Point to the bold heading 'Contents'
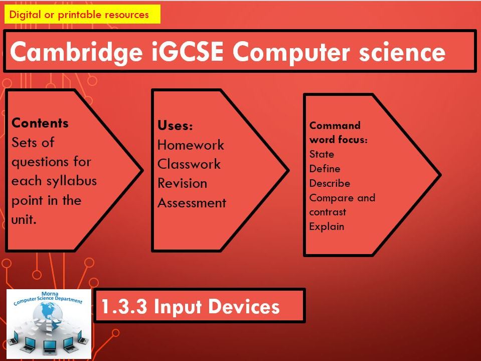coord(40,123)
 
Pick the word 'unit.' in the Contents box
coord(24,219)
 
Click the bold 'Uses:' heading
coord(175,126)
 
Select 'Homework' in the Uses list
coord(191,145)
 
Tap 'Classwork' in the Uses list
coord(189,164)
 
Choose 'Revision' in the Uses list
coord(182,183)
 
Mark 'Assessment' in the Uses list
coord(192,203)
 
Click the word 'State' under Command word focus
coord(322,154)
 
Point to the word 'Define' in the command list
coord(325,169)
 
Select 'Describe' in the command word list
coord(330,183)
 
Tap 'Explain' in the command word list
coord(327,226)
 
